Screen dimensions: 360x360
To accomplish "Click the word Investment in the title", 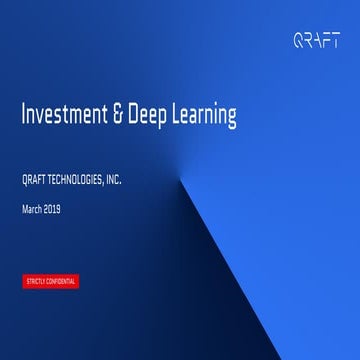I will click(x=62, y=117).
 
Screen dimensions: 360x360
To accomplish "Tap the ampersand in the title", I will click(x=116, y=117).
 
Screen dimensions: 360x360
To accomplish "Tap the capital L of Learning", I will click(x=176, y=117).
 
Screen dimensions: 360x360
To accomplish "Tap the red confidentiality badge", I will click(x=49, y=281).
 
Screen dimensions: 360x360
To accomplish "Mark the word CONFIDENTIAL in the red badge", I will click(x=60, y=281).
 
